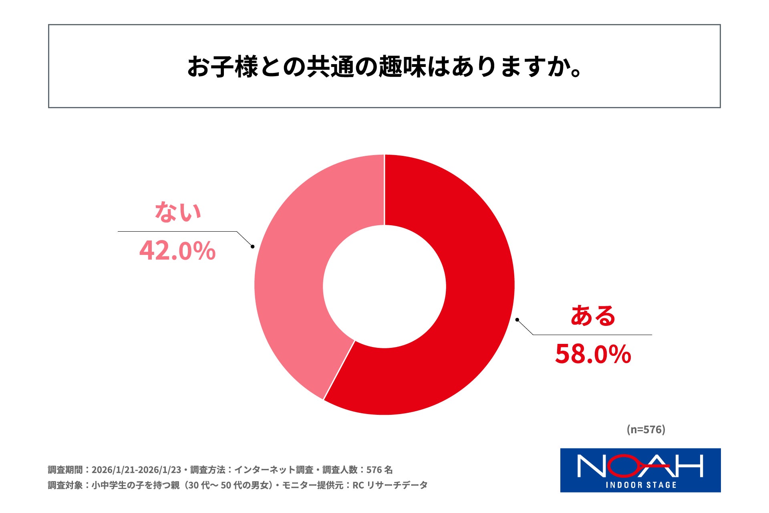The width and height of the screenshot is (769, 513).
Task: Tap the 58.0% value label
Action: tap(593, 354)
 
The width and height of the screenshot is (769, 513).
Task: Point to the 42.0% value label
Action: tap(177, 251)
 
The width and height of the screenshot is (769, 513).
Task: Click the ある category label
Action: tap(593, 315)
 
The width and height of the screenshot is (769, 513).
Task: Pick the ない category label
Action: tap(178, 212)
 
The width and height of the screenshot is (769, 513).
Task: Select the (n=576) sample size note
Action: tap(646, 429)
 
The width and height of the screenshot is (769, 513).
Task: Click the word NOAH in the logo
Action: tap(640, 466)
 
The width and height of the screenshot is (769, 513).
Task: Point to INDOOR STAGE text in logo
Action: tap(641, 485)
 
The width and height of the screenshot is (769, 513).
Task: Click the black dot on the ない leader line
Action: tap(252, 246)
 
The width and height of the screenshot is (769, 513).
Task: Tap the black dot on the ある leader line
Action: tap(517, 320)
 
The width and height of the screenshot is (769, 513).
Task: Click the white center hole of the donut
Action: tap(384, 286)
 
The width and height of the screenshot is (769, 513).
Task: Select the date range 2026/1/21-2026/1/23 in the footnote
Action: tap(136, 470)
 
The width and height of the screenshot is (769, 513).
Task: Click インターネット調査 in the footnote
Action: tap(274, 470)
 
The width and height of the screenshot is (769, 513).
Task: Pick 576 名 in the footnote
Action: tap(379, 470)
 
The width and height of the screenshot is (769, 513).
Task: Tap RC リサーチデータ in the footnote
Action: tap(390, 485)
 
